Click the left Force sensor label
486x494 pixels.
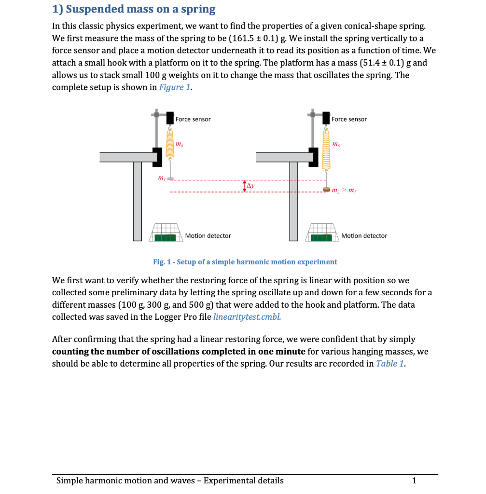click(193, 119)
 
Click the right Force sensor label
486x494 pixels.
click(349, 119)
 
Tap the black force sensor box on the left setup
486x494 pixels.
click(170, 118)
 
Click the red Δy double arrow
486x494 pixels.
click(244, 186)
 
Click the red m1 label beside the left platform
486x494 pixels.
click(161, 178)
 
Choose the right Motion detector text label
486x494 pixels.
click(364, 236)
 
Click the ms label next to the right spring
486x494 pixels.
click(336, 144)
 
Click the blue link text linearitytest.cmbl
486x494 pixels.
click(247, 317)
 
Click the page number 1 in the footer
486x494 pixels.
click(414, 480)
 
